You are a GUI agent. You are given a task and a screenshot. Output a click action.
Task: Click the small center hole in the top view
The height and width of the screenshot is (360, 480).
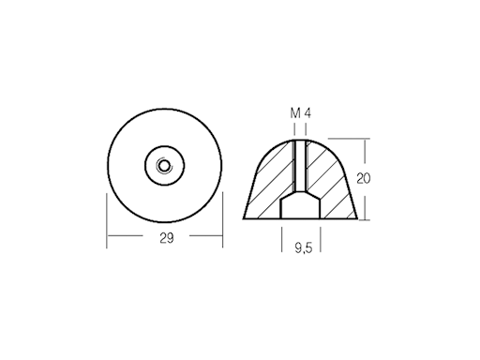pyautogui.click(x=165, y=166)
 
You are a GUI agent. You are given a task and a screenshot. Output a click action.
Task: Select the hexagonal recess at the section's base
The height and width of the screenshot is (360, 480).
pyautogui.click(x=301, y=208)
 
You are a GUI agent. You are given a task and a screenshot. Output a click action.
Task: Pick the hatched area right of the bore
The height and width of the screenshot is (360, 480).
pyautogui.click(x=332, y=183)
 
